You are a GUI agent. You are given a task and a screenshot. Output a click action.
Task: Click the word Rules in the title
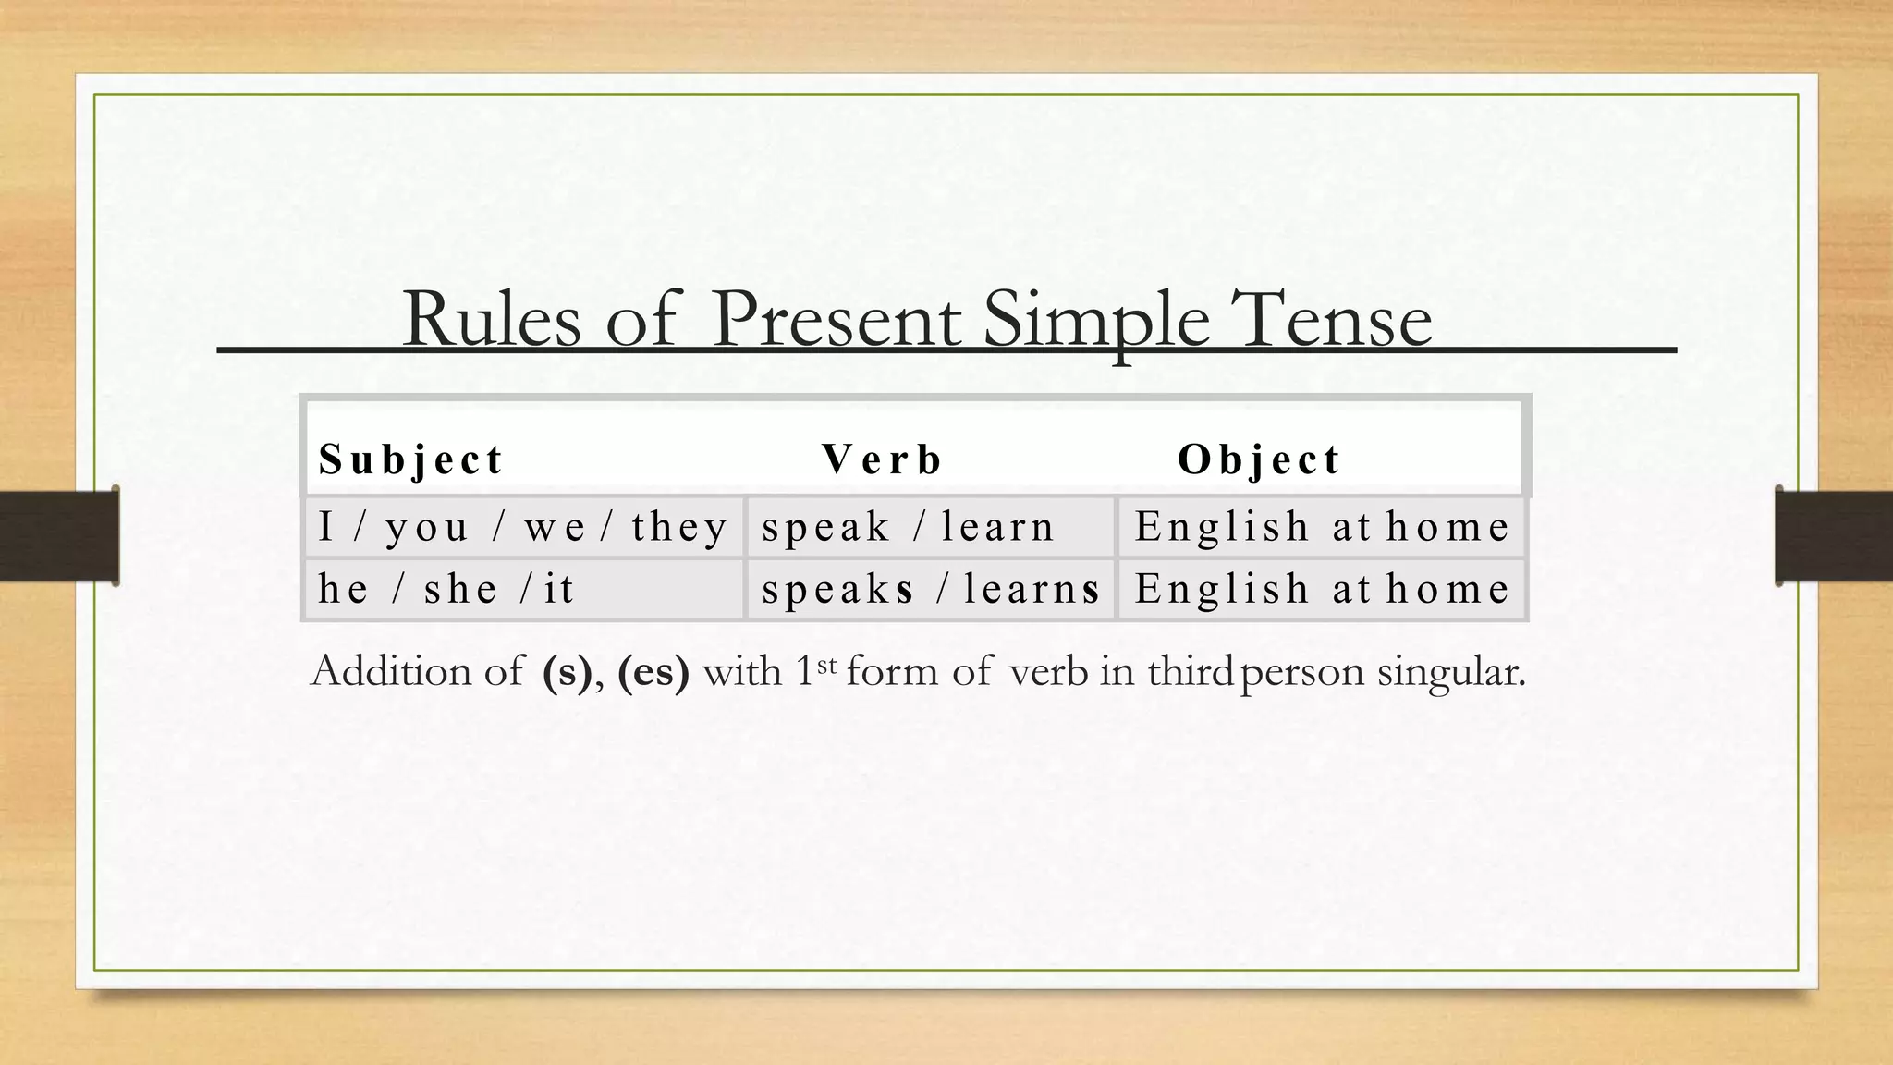pos(491,320)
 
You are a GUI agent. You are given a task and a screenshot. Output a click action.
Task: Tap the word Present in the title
pos(836,320)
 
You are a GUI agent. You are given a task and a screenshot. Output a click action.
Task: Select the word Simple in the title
pos(1095,320)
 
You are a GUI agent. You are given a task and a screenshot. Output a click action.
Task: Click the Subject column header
pos(410,459)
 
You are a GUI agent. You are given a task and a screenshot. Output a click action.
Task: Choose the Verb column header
pos(882,459)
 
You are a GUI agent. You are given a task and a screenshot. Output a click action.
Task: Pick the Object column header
pos(1258,459)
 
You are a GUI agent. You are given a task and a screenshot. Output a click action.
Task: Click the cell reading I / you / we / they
pos(522,527)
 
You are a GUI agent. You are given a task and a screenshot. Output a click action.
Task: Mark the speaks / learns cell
pos(931,589)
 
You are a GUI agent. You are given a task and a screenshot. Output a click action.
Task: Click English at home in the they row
pos(1322,527)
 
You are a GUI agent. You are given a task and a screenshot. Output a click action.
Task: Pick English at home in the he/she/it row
pos(1322,589)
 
